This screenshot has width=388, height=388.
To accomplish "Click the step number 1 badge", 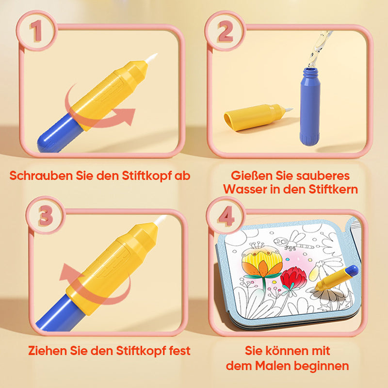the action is point(37,31).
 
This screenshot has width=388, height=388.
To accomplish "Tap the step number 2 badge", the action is point(225,31).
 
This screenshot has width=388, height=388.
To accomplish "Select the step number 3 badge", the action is point(46,215).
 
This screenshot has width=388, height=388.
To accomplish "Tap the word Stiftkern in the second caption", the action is point(333,189).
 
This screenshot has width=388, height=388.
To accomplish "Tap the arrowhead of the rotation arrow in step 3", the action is point(68,272).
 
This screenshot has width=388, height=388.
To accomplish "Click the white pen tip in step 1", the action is point(151,58).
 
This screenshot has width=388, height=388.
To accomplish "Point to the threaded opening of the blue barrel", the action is point(311,72).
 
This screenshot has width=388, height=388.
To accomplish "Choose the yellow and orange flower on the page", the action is point(262,262).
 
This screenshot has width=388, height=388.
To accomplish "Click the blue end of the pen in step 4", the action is point(353,271).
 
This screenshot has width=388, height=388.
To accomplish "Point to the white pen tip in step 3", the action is point(161,220).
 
